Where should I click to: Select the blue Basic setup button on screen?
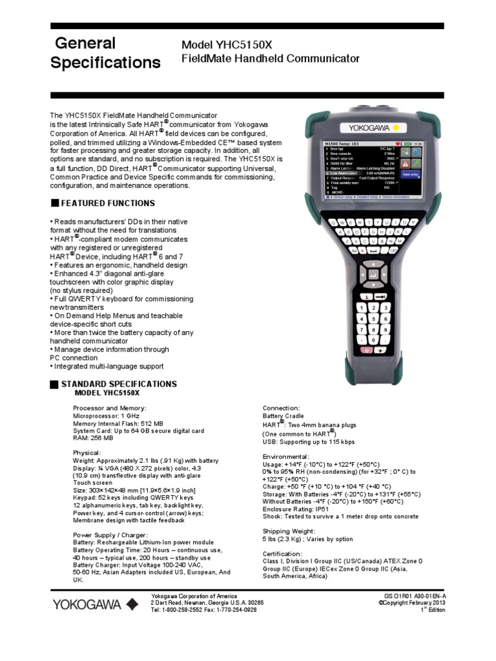tap(411, 174)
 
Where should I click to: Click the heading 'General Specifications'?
tap(105, 53)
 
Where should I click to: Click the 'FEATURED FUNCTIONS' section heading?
tap(108, 203)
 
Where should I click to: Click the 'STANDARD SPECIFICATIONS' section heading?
tap(119, 384)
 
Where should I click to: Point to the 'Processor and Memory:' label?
tap(110, 408)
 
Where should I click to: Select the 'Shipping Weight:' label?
tap(290, 531)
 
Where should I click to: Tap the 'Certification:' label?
tap(282, 554)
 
